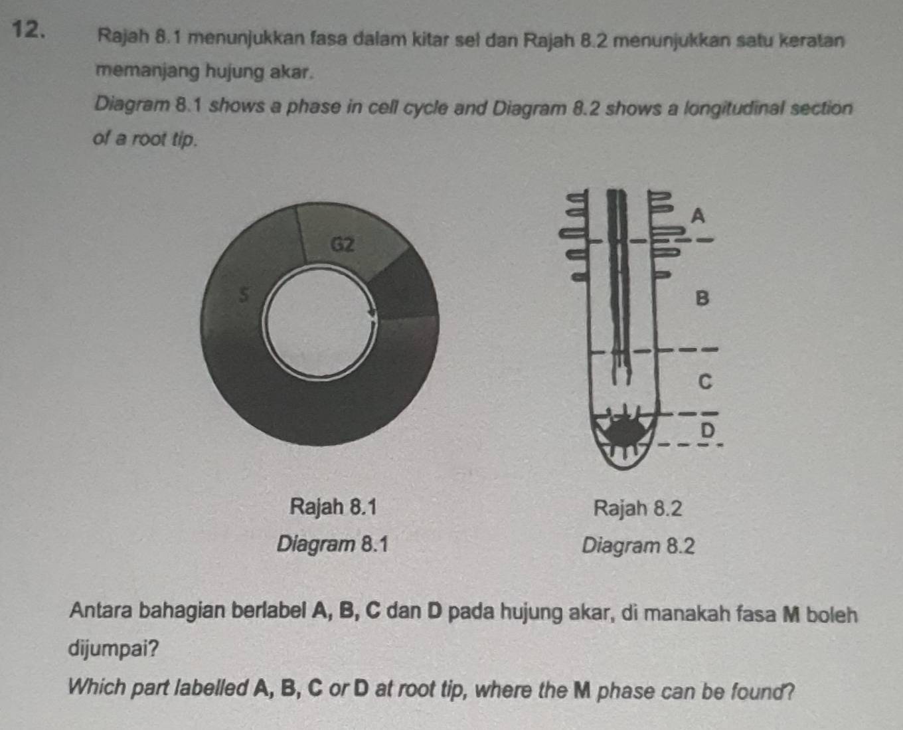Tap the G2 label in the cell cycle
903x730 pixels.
pos(342,244)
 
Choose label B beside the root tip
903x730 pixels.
pos(702,298)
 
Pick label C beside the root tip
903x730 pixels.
pos(705,382)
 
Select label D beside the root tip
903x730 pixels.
pos(708,430)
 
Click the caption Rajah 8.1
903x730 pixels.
pos(333,507)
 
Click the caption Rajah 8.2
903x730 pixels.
pos(637,509)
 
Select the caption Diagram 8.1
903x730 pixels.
pos(332,545)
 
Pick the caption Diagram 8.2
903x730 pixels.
pos(638,547)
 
